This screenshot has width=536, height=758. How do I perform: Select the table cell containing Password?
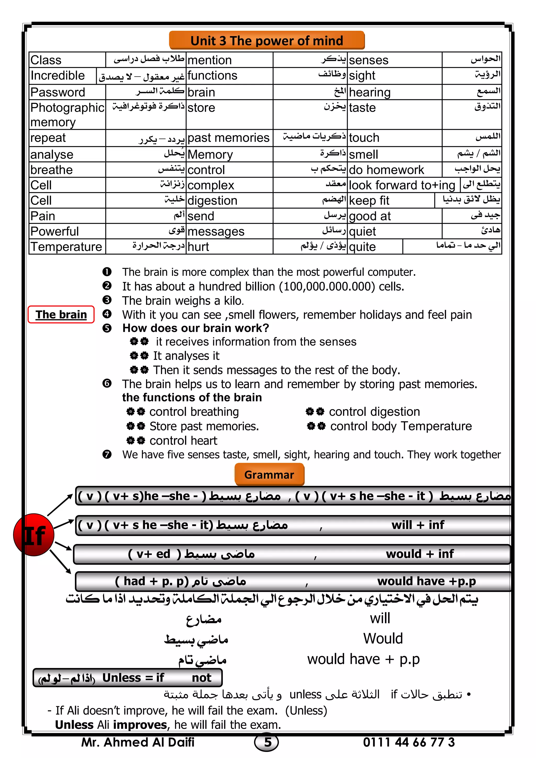tap(58, 92)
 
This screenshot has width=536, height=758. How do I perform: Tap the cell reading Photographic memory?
tap(67, 115)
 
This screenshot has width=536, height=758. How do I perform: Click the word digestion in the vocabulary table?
tap(212, 200)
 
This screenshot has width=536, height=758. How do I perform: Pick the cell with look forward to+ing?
tap(402, 185)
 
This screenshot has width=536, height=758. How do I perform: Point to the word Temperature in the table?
tap(66, 247)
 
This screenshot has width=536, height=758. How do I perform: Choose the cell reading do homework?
tap(386, 170)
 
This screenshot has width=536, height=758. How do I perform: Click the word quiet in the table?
tap(362, 231)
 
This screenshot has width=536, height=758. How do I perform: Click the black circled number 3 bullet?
tap(107, 300)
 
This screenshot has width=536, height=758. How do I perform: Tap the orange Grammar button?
tap(269, 474)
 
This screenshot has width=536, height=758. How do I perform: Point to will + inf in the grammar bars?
tap(418, 525)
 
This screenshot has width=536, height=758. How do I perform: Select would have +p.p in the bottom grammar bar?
tap(426, 581)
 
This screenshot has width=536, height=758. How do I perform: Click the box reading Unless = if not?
tap(127, 678)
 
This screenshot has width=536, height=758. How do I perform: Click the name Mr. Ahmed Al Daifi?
tap(138, 742)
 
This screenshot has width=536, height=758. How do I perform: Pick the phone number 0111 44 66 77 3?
tap(409, 742)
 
